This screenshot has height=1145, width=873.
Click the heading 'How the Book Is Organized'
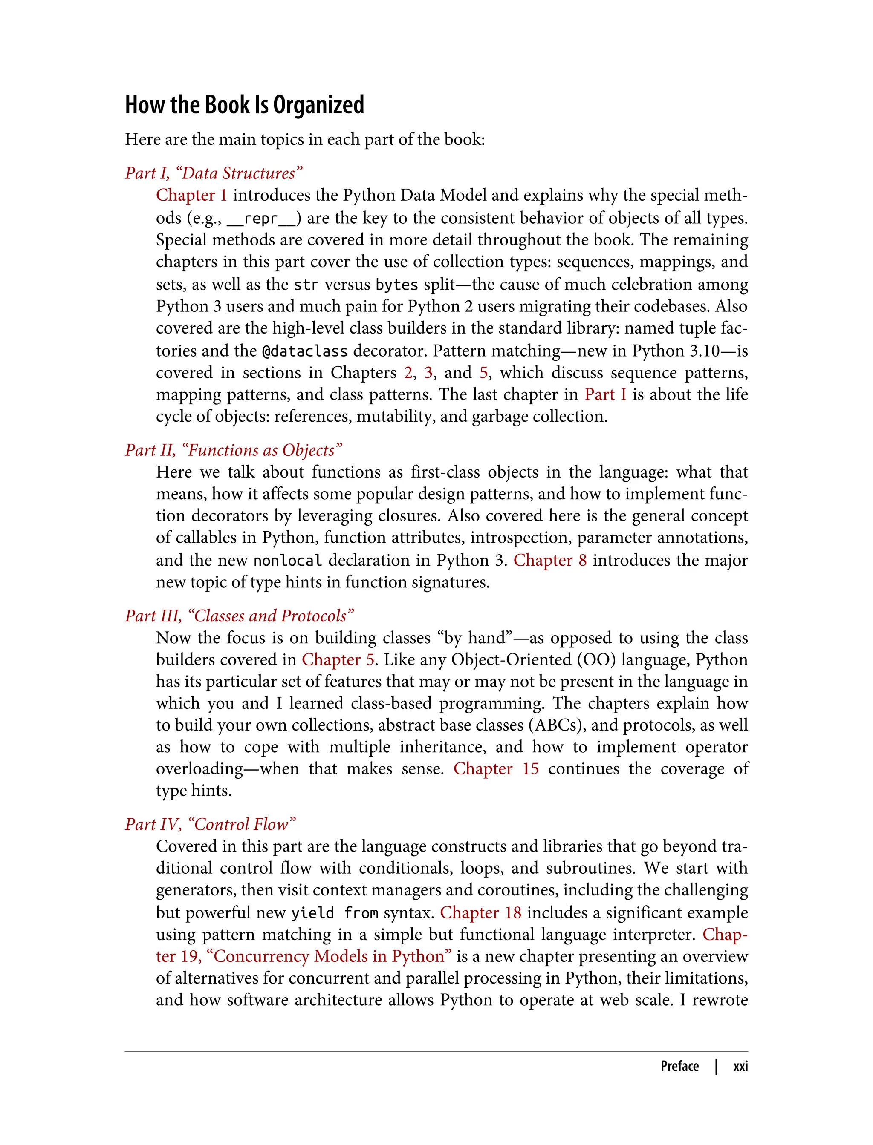[244, 105]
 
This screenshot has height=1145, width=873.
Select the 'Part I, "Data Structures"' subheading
[214, 173]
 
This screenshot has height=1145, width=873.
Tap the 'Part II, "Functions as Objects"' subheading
[233, 450]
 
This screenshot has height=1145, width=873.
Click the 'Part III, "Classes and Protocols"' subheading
[239, 616]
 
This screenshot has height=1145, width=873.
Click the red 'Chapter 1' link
[191, 195]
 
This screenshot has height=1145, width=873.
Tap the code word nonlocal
[287, 561]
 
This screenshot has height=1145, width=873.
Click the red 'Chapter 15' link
[496, 768]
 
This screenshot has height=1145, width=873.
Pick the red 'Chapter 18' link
[480, 912]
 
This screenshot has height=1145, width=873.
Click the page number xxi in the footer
[740, 1067]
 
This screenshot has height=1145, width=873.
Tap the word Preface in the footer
[679, 1067]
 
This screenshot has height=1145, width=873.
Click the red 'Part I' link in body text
[605, 394]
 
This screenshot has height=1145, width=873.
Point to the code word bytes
[396, 285]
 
